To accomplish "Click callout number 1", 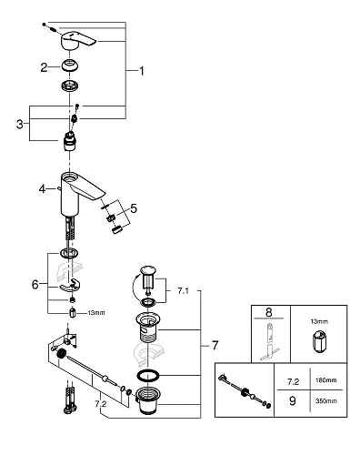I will [x=139, y=70].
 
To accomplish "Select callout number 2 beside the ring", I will [x=43, y=66].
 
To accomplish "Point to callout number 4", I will [x=41, y=189].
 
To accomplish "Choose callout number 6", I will [x=35, y=284].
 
